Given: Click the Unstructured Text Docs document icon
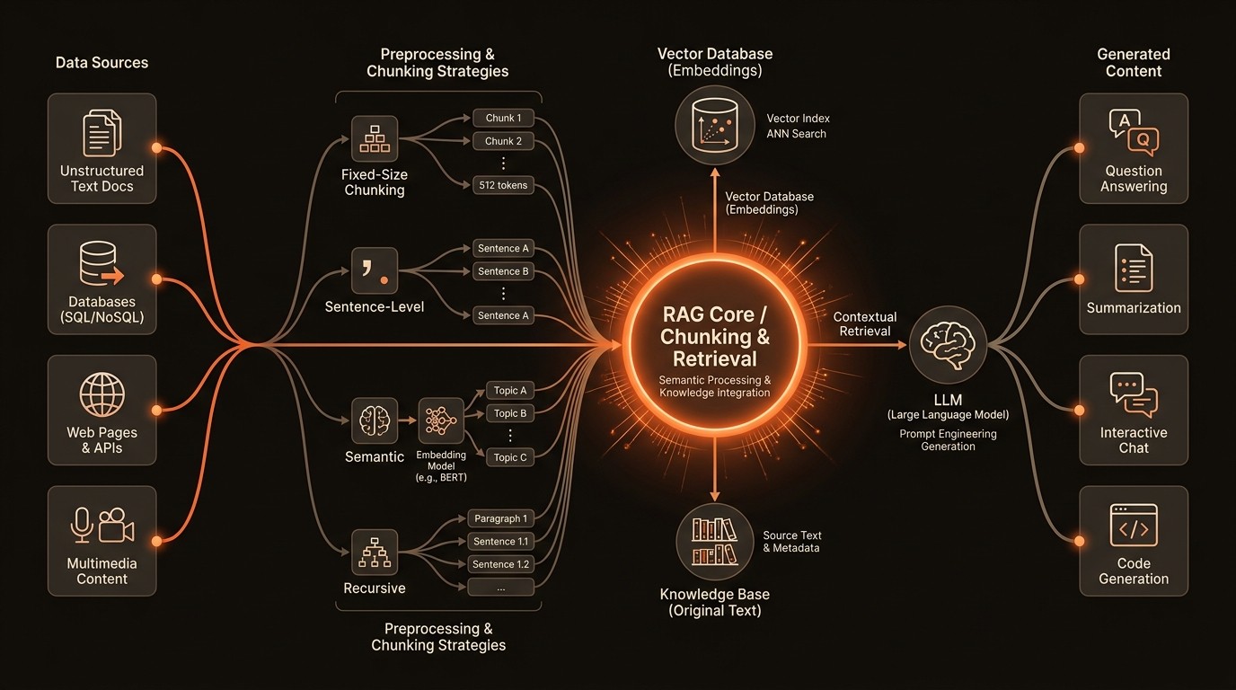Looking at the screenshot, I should (102, 132).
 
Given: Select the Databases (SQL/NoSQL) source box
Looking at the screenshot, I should (102, 279).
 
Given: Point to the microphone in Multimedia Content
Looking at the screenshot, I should (82, 526).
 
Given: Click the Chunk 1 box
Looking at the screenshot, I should (503, 118).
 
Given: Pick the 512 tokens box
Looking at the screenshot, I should (503, 185).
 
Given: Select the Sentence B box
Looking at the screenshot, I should (503, 271).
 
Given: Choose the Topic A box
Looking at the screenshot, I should (510, 390).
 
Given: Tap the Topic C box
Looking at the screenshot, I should (510, 457).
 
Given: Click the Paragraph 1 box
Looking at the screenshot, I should (501, 518).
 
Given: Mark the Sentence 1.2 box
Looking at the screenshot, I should (501, 564).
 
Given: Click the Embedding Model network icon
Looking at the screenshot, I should (441, 420).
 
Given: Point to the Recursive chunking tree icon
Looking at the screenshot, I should (374, 552).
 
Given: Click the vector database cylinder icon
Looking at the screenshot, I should (715, 127).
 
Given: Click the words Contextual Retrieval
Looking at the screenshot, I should (864, 324).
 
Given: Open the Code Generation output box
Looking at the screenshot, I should (1134, 541).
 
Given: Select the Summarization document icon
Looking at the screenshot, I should (1134, 268).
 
